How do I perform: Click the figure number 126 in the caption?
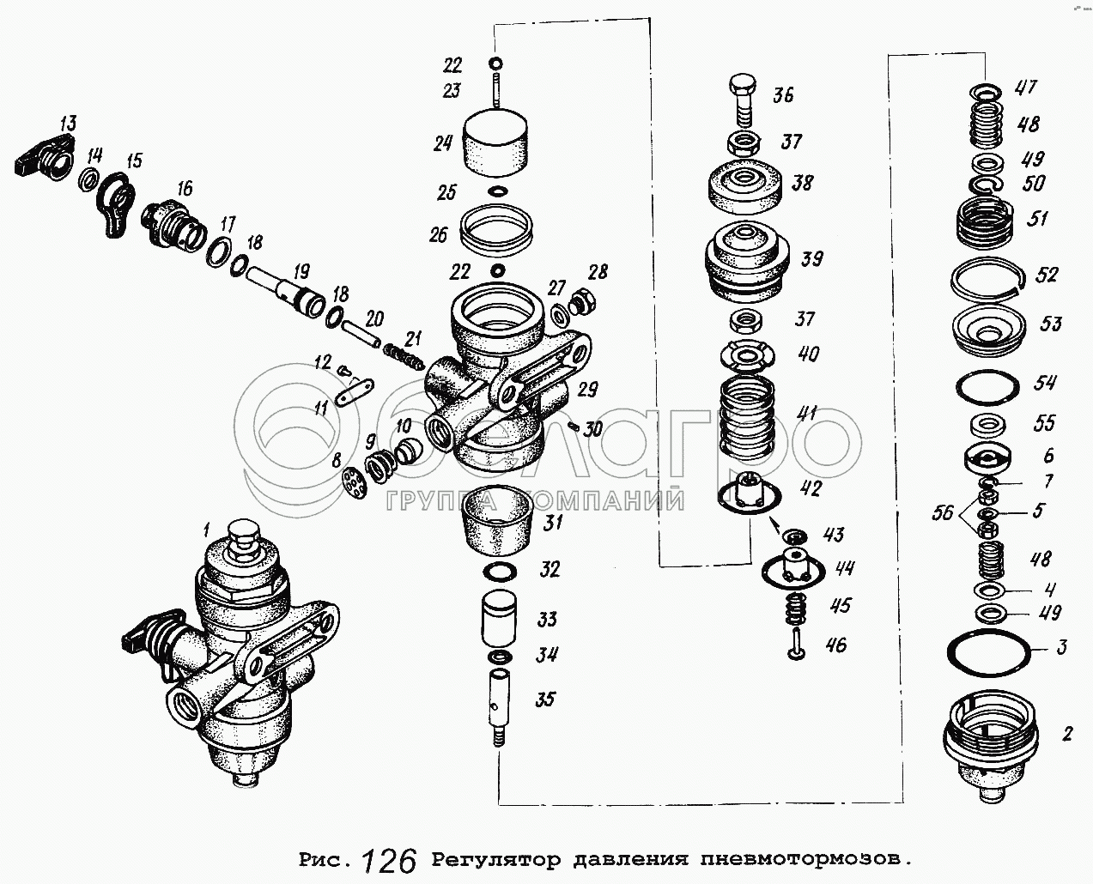pyautogui.click(x=389, y=859)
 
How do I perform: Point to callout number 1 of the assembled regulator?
pyautogui.click(x=207, y=526)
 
